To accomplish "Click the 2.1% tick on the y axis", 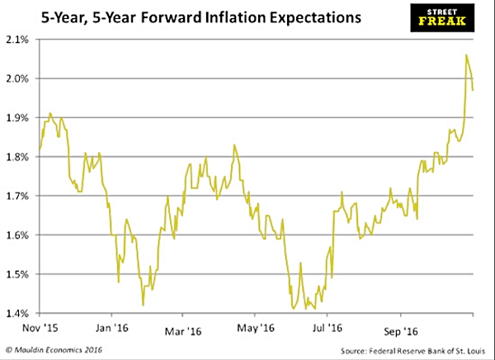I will pos(17,40).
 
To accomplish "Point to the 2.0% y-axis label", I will pos(17,79).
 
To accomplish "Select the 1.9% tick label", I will pos(17,118).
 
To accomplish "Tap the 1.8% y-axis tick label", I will pos(17,157).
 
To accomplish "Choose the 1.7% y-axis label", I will pos(17,197).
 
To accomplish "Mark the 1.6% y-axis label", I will pos(17,235).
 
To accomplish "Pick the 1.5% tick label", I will pos(17,274).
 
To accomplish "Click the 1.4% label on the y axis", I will pos(17,314).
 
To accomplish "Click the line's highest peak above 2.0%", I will pos(467,55).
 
